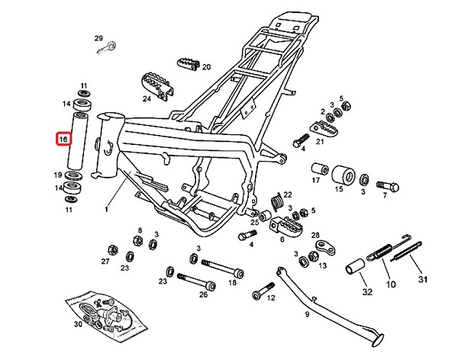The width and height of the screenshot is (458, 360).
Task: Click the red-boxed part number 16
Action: tap(63, 140)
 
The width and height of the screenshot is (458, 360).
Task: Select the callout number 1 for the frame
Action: tap(107, 207)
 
